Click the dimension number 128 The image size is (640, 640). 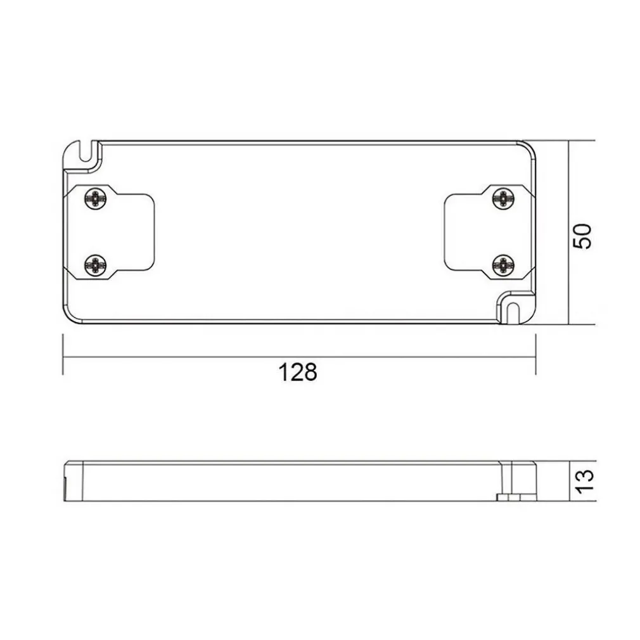(x=298, y=373)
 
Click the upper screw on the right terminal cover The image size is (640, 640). (x=502, y=198)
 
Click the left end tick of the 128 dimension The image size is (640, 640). (x=63, y=356)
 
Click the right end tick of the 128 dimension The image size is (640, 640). (x=535, y=356)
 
